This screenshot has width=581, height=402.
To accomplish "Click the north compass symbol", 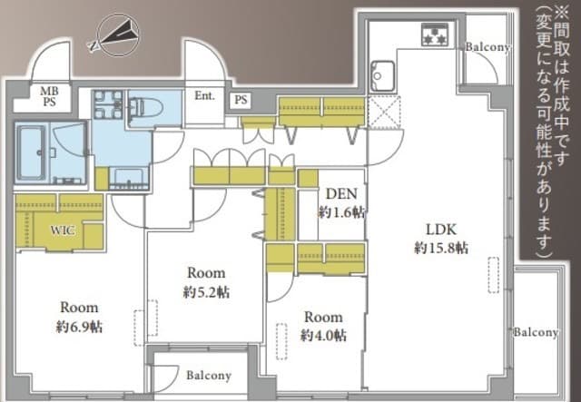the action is click(x=114, y=35).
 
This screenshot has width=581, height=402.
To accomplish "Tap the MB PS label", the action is click(x=50, y=96).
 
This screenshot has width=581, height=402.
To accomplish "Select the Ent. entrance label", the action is click(x=204, y=95).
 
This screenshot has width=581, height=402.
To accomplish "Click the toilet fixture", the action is click(x=145, y=108).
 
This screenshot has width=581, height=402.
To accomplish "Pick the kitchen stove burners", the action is click(x=435, y=34).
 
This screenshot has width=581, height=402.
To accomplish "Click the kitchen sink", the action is click(x=382, y=76).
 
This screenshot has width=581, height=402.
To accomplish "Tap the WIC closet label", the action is click(x=63, y=230).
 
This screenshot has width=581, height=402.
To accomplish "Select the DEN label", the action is click(x=341, y=193).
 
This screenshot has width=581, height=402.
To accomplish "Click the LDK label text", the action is click(x=441, y=230).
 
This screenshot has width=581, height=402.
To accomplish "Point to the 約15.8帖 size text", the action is click(x=441, y=248).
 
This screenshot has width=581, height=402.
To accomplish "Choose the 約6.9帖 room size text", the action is click(x=79, y=327).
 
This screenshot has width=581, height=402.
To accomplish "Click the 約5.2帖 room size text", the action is click(x=206, y=292).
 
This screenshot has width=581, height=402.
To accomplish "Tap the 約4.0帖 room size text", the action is click(x=323, y=336).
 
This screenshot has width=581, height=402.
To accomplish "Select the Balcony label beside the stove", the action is click(x=487, y=47).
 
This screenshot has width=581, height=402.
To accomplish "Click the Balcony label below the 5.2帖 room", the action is click(x=209, y=376).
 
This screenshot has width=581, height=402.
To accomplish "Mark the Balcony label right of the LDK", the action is click(x=536, y=332).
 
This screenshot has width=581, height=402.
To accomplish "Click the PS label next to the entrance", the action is click(x=241, y=100).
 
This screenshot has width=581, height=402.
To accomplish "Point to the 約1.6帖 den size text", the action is click(x=341, y=212).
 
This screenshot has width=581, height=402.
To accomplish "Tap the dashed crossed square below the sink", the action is click(x=385, y=112).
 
